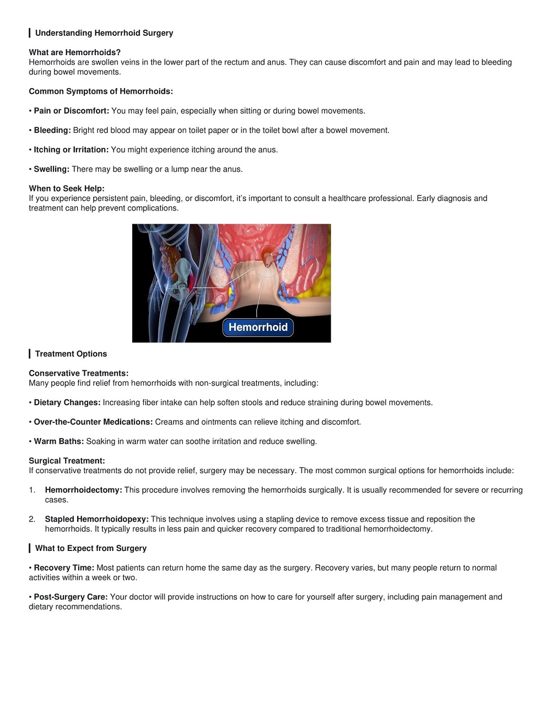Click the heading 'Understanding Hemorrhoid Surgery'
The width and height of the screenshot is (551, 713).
104,33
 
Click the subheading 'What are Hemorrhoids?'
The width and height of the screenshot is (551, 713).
74,52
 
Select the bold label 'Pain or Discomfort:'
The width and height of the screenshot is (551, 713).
71,111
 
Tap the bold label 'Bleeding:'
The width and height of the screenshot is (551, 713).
52,130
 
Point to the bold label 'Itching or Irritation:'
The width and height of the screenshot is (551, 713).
71,149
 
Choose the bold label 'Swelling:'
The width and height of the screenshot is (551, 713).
51,169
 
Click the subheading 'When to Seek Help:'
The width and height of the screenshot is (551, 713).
67,189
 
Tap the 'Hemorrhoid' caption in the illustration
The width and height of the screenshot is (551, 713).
258,327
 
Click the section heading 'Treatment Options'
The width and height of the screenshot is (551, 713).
71,354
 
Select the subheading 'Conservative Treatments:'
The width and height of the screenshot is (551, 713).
79,373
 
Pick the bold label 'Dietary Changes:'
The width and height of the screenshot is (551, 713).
67,403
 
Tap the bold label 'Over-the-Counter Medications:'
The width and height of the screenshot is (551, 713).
93,422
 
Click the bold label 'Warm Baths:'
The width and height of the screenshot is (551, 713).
59,441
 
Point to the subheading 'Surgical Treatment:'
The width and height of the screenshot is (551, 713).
67,461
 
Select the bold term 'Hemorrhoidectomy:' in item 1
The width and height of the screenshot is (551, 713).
83,490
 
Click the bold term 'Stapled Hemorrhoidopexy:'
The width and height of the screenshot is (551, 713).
96,519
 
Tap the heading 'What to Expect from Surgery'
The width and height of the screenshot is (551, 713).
91,548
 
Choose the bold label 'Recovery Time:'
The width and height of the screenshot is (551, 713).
64,567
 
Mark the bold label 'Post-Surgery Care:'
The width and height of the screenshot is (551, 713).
71,597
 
